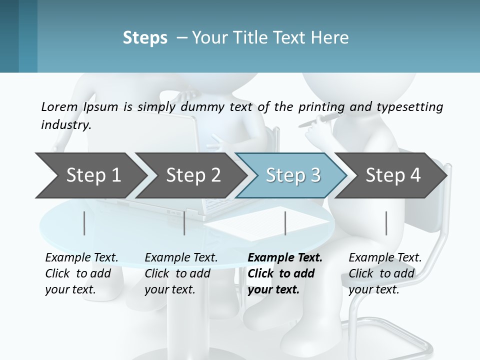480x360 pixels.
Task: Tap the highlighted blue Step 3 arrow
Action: (293, 175)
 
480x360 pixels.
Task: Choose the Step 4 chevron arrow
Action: (393, 175)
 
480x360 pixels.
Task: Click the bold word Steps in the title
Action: (145, 37)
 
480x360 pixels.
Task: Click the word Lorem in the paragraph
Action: (59, 106)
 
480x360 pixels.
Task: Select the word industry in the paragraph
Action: (65, 124)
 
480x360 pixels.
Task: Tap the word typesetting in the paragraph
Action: (409, 107)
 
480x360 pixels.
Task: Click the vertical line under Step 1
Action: (84, 223)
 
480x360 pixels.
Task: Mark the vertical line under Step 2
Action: (184, 223)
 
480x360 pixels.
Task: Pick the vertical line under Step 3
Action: (285, 223)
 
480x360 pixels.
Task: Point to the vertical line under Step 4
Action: (386, 223)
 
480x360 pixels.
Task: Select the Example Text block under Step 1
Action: (81, 273)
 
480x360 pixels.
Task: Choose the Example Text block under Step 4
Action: (385, 273)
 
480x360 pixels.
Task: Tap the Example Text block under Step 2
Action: (181, 273)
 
